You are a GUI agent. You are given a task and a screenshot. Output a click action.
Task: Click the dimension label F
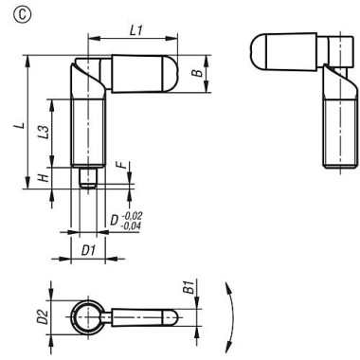click(119, 166)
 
